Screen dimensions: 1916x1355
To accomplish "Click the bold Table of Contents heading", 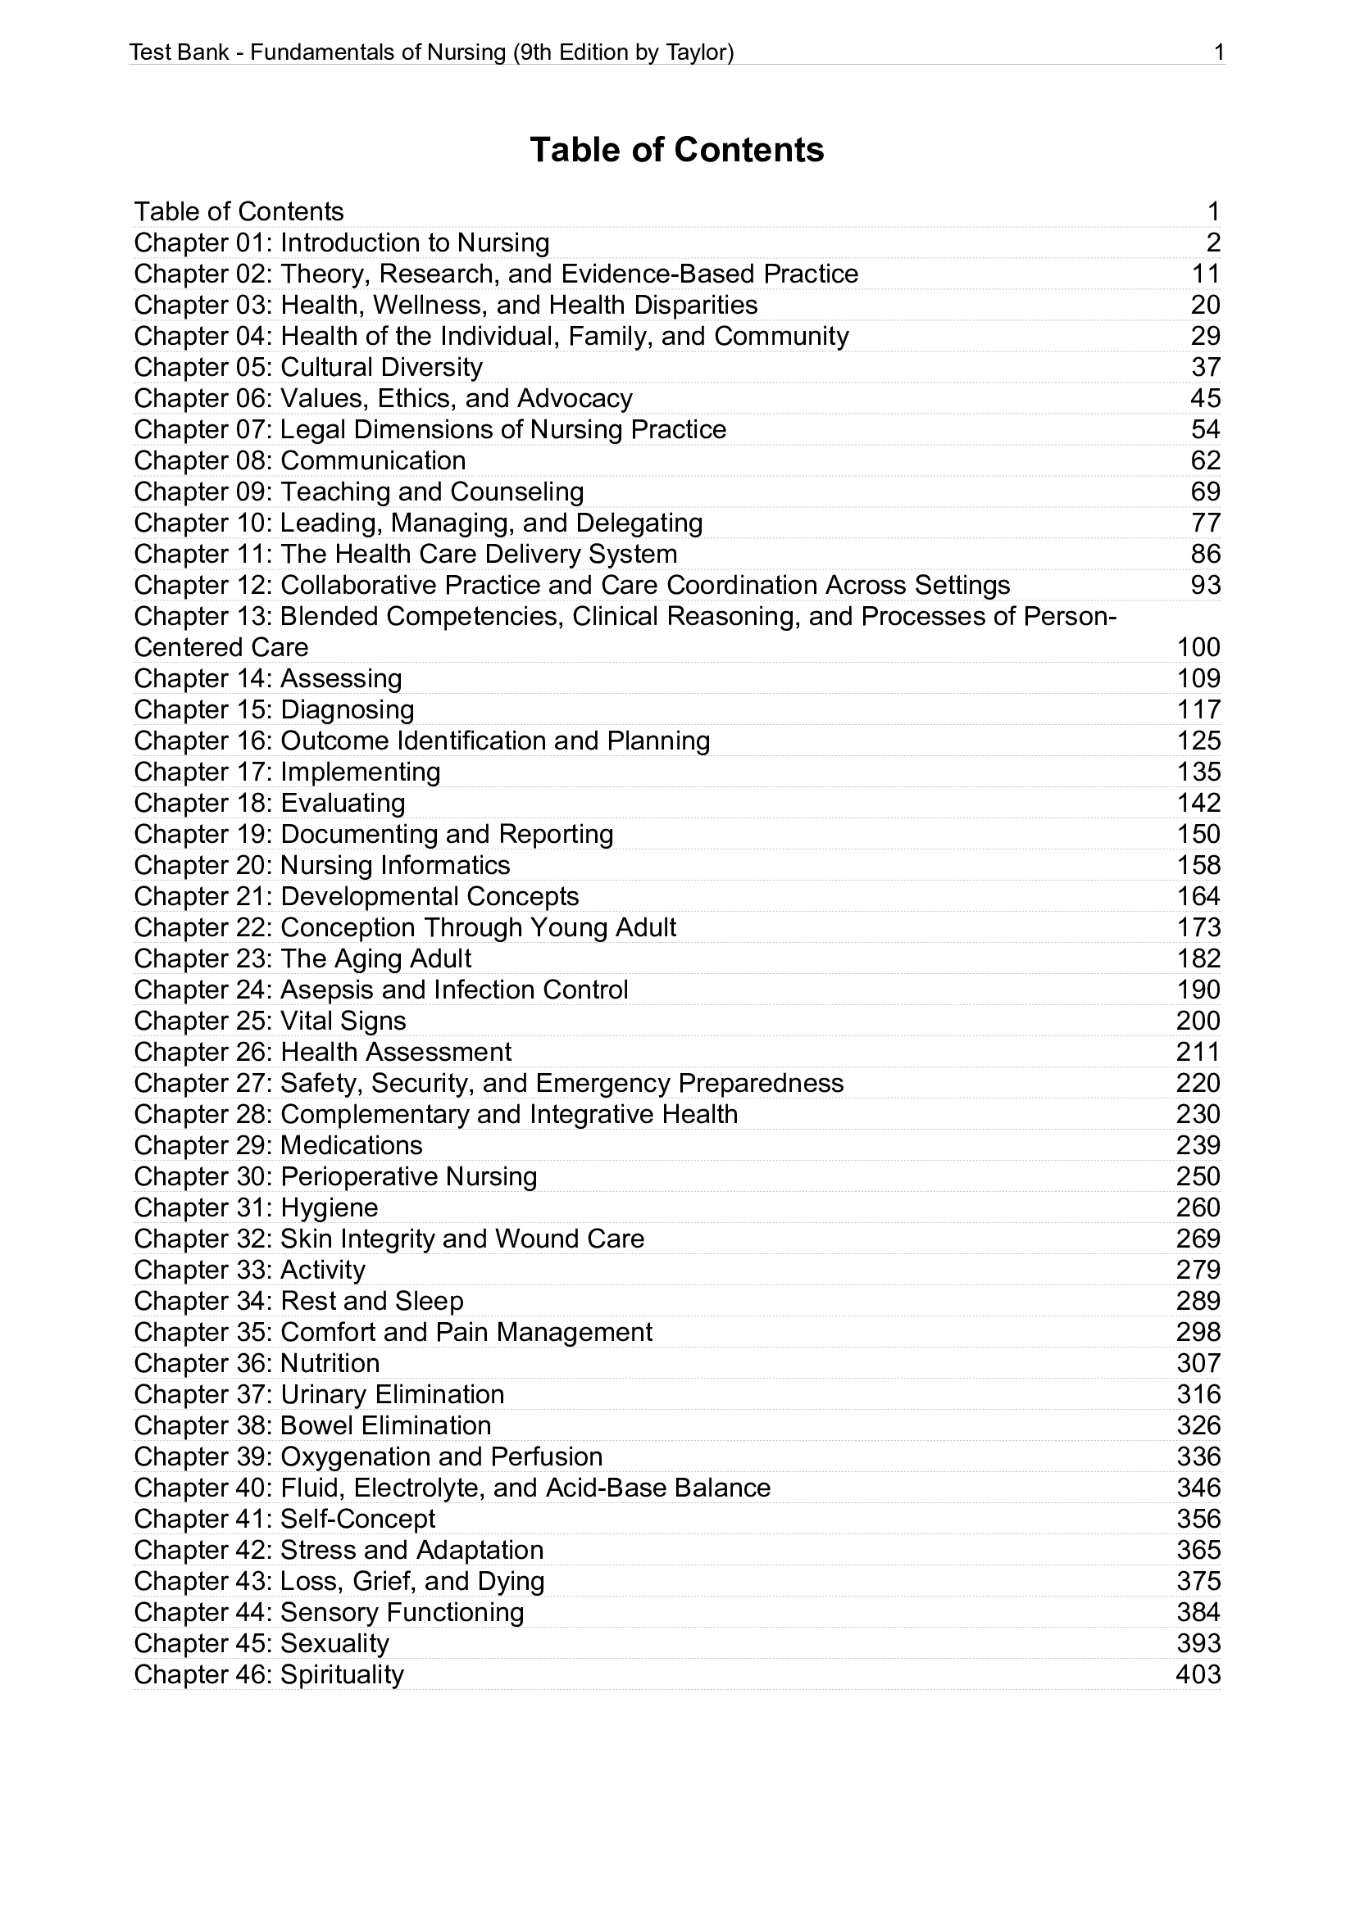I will (x=676, y=150).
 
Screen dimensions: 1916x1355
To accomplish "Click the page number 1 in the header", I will (x=1219, y=53).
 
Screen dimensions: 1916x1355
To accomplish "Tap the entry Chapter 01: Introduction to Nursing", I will (x=342, y=242).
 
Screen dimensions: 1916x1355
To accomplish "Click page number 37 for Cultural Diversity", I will (x=1206, y=367).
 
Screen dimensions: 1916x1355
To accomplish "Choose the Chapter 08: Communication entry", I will (x=300, y=460).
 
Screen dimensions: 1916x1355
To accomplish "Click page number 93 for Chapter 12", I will (x=1206, y=585).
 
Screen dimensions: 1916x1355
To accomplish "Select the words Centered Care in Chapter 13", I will (x=221, y=648).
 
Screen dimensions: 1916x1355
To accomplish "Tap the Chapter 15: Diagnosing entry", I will (x=274, y=710).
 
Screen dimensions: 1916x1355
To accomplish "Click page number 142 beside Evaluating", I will (x=1198, y=803).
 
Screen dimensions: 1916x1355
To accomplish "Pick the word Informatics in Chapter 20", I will (x=445, y=865).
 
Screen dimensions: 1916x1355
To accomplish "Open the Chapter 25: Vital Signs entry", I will (x=270, y=1021).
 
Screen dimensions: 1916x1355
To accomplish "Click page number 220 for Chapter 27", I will (x=1198, y=1083).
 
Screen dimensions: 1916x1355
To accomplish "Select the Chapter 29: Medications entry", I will (x=278, y=1146).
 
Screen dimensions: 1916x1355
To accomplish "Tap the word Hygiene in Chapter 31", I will (x=329, y=1207).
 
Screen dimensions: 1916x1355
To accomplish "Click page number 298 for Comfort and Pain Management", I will (x=1198, y=1333).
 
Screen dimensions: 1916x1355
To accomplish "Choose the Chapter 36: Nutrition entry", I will (x=257, y=1364).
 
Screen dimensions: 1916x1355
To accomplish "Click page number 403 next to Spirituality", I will (x=1198, y=1675).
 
